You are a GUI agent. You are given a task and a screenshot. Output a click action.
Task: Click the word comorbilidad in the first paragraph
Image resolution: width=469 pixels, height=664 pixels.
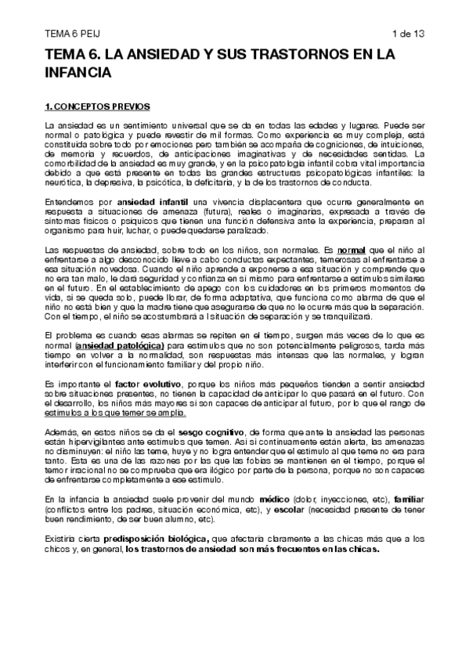point(70,174)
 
